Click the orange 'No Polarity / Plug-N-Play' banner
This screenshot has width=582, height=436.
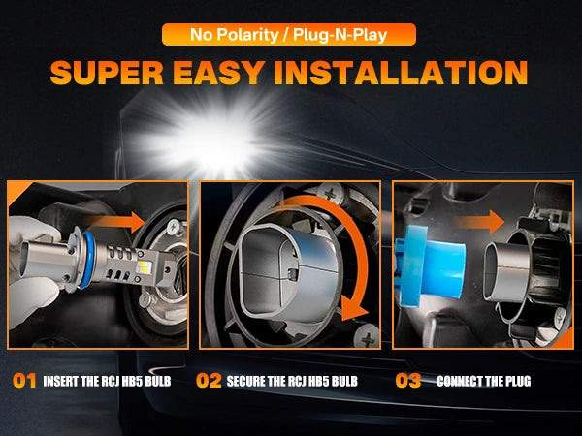(289, 35)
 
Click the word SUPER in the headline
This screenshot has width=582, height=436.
(107, 73)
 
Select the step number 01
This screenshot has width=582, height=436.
(24, 381)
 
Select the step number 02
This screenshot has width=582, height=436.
(209, 381)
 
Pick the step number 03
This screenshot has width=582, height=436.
(408, 381)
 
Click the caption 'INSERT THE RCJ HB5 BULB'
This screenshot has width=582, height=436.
(107, 381)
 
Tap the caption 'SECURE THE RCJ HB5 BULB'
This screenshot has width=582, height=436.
(292, 381)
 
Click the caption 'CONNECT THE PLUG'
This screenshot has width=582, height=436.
(484, 381)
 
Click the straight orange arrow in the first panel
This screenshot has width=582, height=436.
(117, 222)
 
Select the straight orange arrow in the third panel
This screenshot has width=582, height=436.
(480, 222)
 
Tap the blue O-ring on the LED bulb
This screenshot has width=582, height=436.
(87, 261)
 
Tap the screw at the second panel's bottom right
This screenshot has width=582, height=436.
(367, 335)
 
